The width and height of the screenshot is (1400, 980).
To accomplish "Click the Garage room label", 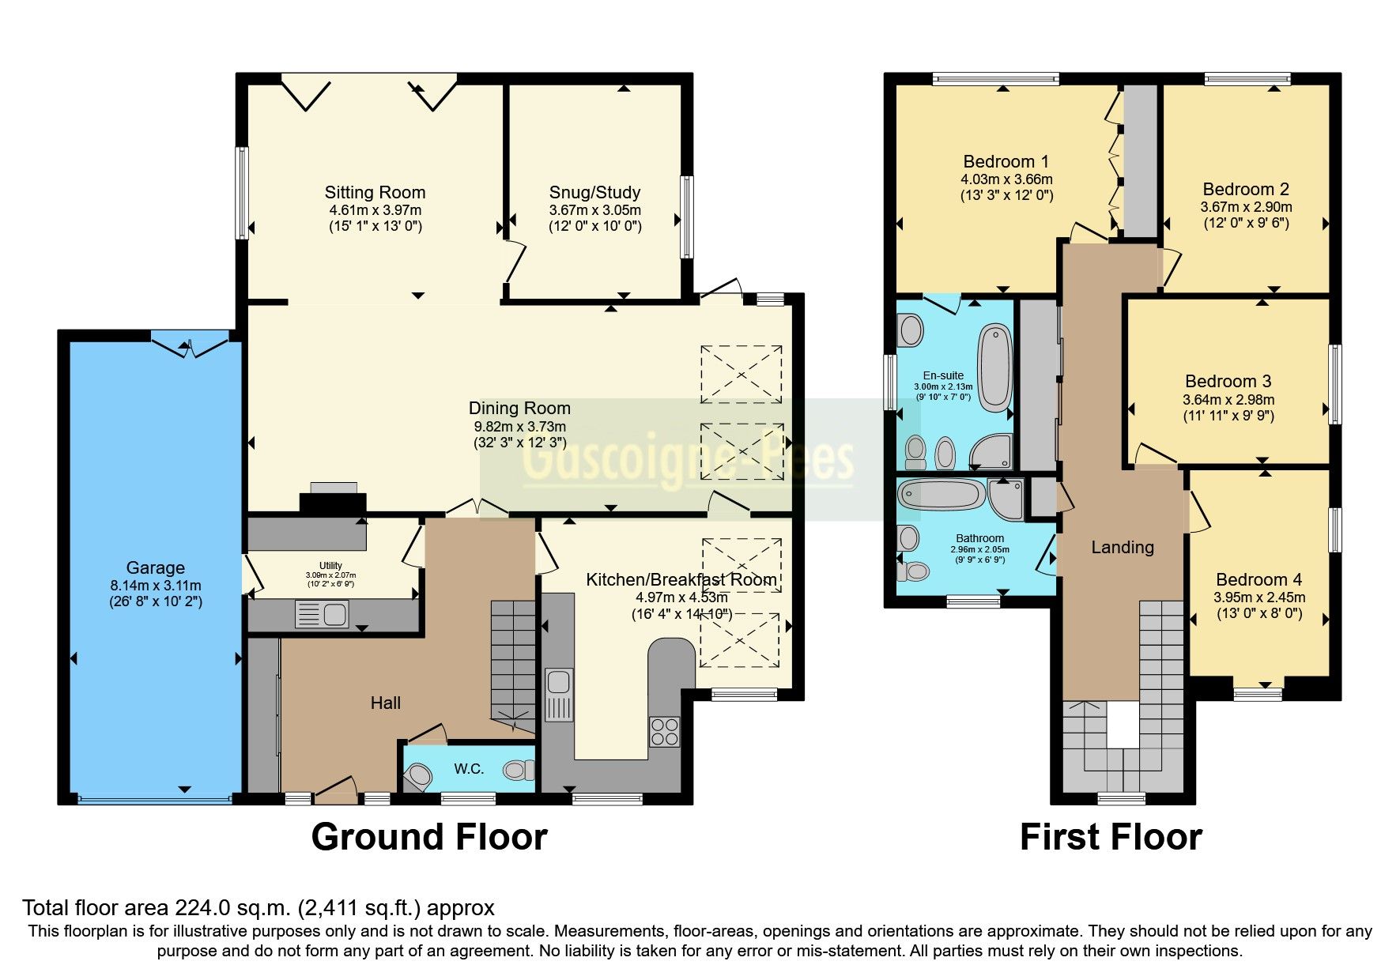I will point(155,567).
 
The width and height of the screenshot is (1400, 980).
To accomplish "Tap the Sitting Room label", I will point(375,192).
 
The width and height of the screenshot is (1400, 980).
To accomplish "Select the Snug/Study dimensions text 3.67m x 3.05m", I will point(594,210).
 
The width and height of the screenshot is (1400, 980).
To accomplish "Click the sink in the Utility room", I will point(322,613).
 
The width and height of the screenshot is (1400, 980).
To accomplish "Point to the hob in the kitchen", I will point(664,731).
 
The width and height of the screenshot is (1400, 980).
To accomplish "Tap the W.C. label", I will point(468,768).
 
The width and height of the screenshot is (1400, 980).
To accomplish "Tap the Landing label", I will point(1122,547).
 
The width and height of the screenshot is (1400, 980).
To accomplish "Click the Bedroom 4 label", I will point(1258,579).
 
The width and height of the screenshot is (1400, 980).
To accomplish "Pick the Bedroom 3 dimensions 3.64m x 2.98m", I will point(1228,400).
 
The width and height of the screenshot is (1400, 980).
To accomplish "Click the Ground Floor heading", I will point(428,837).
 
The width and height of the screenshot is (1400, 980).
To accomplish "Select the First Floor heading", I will point(1111,837).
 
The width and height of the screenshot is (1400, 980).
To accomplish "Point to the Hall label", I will point(386,703).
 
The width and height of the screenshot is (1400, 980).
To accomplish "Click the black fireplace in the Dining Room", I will point(333,503).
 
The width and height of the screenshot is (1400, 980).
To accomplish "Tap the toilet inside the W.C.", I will point(519,769).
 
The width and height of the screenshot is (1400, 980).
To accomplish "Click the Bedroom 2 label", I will point(1245,189).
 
